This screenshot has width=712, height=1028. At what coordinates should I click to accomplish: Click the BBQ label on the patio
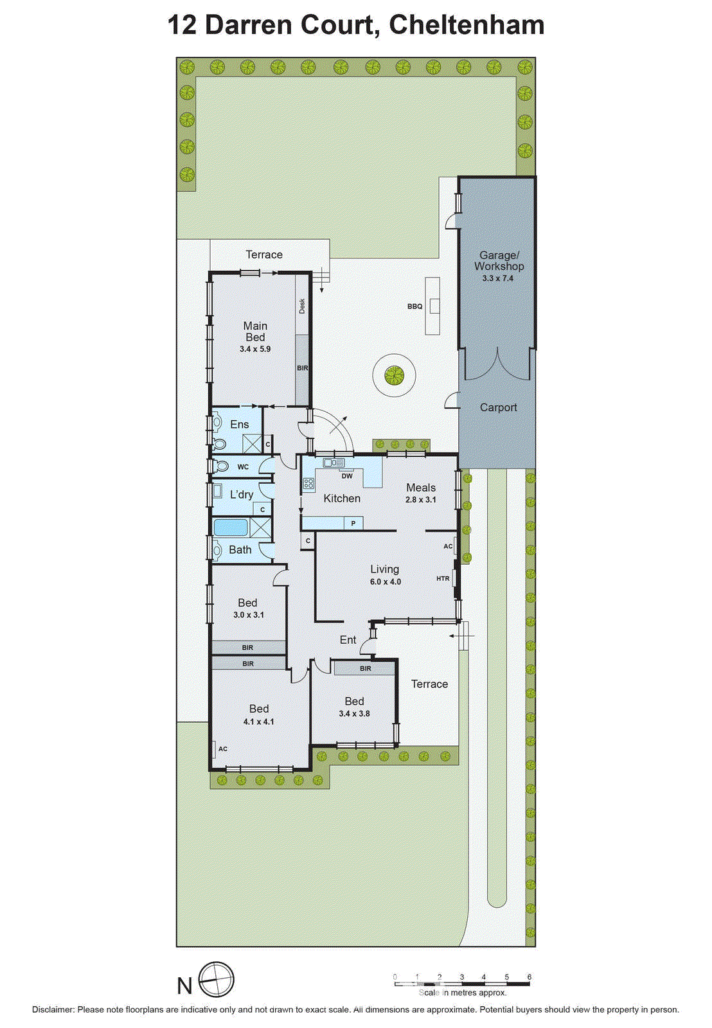coord(414,306)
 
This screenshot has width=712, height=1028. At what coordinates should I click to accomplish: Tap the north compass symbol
coord(217,980)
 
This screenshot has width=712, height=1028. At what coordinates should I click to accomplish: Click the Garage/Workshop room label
coord(499,261)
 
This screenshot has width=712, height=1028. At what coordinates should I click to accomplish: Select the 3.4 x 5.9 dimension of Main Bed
coord(255,349)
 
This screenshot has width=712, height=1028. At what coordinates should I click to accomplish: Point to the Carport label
coord(498,407)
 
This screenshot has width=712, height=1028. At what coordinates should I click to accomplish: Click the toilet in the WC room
coord(220,466)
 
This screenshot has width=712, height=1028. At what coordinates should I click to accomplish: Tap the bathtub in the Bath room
coord(231,528)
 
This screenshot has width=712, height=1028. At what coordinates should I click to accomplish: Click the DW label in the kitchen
coord(347,476)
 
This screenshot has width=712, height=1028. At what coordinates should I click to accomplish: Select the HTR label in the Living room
coord(443,578)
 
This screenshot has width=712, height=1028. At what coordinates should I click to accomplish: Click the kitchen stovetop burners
coord(309,484)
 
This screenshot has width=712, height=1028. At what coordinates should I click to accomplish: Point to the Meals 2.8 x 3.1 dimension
coord(421,499)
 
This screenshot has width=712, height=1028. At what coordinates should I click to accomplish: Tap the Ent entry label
coord(348,640)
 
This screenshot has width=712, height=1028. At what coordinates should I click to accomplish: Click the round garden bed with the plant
coord(394,375)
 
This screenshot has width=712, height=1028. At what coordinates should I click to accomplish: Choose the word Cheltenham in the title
coord(467,25)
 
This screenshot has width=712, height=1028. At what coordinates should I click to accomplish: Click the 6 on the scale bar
coord(530,977)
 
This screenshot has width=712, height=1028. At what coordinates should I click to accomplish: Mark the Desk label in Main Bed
coord(302,306)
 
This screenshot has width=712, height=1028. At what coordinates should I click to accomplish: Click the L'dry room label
coord(242,494)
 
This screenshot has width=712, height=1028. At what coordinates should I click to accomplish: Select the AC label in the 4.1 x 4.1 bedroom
coord(223,749)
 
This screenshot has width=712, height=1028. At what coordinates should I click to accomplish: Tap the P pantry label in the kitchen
coord(353,524)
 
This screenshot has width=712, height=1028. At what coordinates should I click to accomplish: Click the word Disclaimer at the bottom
coord(53,1009)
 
